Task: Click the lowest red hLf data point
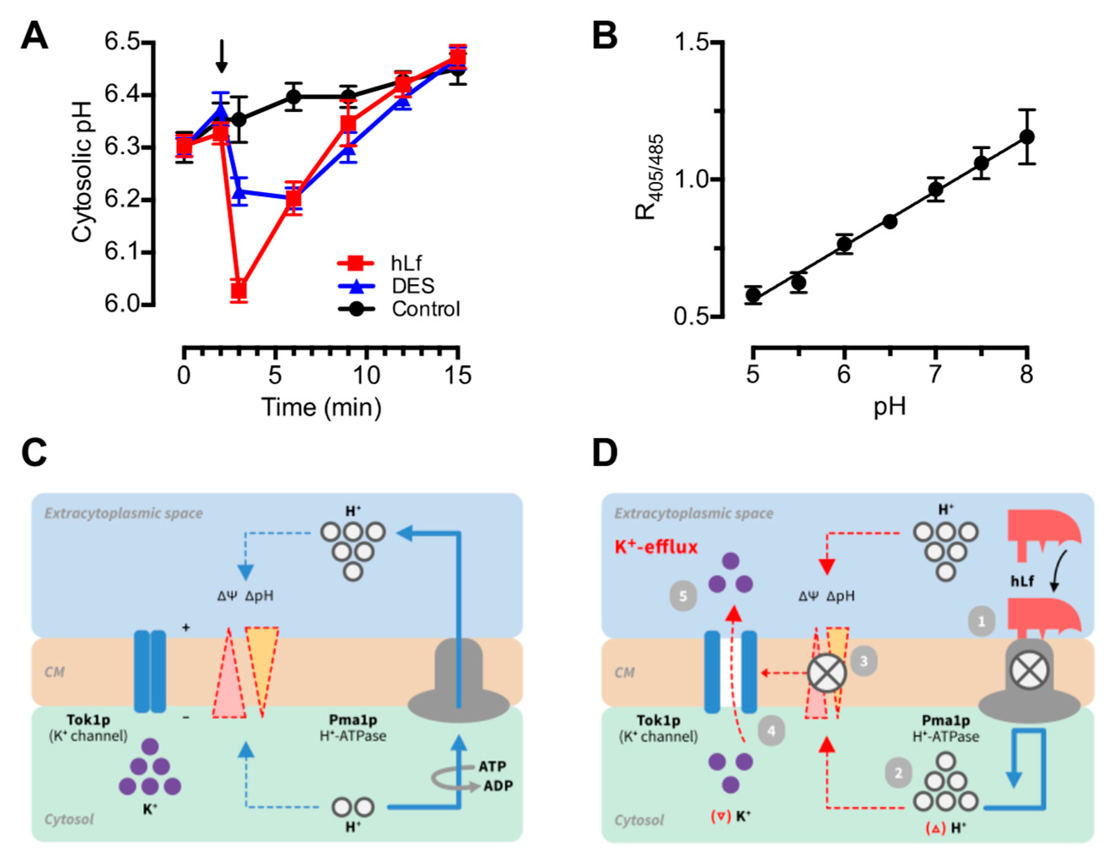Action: coord(239,290)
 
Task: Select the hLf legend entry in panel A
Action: coord(406,263)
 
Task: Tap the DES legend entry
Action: coord(413,286)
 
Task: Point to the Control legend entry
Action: coord(425,309)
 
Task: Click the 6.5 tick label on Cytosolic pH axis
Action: coord(122,42)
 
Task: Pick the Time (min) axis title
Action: coord(322,408)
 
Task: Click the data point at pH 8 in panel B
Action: coord(1026,137)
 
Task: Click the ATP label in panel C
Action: coord(492,766)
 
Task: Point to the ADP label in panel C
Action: coord(498,785)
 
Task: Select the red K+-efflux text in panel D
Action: coord(656,547)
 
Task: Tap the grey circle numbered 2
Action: coord(898,773)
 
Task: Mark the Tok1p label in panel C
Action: coord(88,720)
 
